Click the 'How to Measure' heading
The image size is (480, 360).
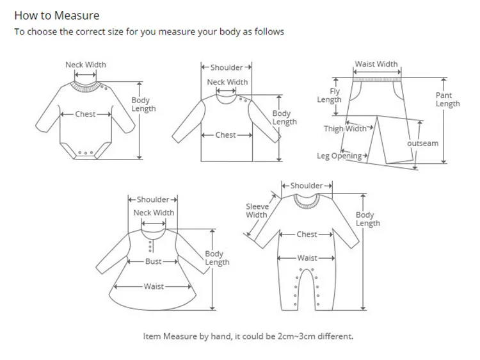click(57, 15)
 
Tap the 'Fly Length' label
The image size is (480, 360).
click(329, 95)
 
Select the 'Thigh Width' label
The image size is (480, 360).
click(345, 129)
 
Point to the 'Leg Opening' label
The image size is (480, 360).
click(339, 156)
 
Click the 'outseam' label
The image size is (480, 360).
click(423, 143)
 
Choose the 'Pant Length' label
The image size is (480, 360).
click(447, 99)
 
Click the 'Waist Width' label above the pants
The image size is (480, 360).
click(376, 64)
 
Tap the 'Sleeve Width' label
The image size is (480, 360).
click(257, 211)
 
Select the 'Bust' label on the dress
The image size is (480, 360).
click(154, 261)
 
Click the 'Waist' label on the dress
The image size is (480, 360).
click(154, 286)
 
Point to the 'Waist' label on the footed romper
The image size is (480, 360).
click(307, 258)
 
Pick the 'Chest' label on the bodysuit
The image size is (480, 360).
click(85, 114)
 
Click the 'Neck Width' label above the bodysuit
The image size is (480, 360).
click(86, 65)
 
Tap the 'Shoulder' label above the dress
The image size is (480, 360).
click(153, 200)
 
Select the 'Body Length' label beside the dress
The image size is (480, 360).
click(217, 258)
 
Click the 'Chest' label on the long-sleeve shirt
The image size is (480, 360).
click(225, 135)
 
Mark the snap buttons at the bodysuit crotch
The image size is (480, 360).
click(85, 153)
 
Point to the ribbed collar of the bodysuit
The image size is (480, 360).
click(86, 83)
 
